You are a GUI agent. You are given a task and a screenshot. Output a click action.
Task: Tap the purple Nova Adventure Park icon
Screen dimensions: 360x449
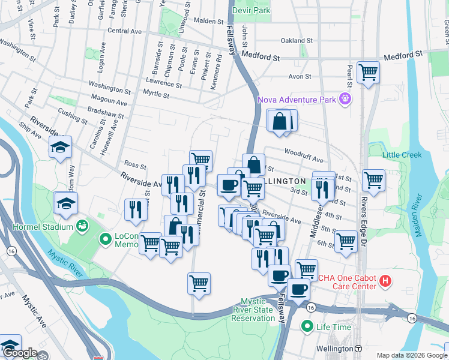click(x=345, y=98)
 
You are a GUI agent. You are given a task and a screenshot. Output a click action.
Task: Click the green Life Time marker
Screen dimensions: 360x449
click(x=307, y=327)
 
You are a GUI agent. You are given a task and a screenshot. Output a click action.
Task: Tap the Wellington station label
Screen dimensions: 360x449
click(x=335, y=349)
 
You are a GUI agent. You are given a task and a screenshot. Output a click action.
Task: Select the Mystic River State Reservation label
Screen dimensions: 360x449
click(x=258, y=310)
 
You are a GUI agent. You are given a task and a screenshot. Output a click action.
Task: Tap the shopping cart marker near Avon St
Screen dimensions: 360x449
click(x=368, y=73)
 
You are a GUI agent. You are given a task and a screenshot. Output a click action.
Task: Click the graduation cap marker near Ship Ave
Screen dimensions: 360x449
click(x=60, y=147)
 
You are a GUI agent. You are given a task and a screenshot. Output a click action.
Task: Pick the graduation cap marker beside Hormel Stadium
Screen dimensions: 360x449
click(x=65, y=203)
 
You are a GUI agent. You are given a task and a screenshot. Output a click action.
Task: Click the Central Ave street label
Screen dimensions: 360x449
click(x=124, y=30)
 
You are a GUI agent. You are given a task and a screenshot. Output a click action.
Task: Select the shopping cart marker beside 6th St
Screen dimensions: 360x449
click(x=346, y=241)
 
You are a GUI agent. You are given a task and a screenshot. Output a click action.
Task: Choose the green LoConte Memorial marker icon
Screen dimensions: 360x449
click(x=106, y=239)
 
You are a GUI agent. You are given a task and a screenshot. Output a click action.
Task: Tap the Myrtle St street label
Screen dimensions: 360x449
click(x=157, y=94)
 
